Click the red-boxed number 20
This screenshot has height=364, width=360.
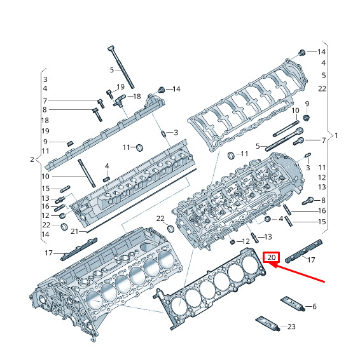point(271,257)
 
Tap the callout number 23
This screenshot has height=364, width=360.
point(291,327)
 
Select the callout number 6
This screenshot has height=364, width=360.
point(314,306)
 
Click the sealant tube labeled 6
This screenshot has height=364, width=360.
point(293,304)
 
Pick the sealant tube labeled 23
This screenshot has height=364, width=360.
point(267,323)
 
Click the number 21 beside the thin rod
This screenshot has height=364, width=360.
point(74,231)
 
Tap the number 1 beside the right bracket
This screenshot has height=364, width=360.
point(336,135)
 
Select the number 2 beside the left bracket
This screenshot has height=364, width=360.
point(32,159)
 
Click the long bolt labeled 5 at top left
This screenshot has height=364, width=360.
point(121,67)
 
